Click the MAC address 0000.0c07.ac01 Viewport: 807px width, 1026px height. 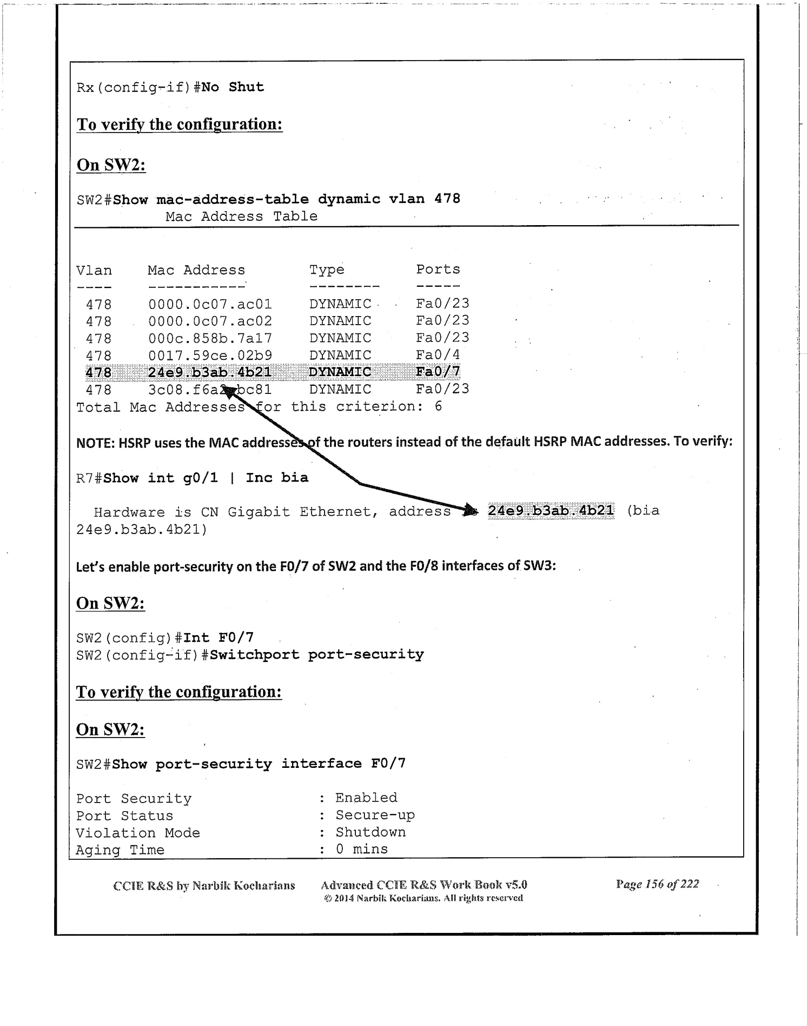pos(210,304)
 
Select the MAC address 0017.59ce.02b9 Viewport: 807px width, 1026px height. pos(210,356)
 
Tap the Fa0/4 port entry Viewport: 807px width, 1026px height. pos(438,355)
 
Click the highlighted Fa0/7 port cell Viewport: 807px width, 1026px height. pos(438,372)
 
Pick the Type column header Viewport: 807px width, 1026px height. pos(327,269)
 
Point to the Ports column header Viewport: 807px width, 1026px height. pos(438,269)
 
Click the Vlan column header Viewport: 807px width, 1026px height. pos(94,271)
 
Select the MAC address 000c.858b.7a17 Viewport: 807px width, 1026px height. pos(210,338)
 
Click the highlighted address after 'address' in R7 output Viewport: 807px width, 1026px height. pos(551,510)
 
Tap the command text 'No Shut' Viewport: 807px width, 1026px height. pos(233,87)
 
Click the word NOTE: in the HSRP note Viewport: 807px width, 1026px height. pos(96,442)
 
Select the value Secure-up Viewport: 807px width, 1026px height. pos(375,815)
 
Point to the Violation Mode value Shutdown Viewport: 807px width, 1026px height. pos(371,832)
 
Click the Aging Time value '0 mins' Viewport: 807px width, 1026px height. pos(361,849)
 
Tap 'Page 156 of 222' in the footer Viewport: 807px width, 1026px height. pos(657,884)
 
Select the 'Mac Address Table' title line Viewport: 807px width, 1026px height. pos(241,216)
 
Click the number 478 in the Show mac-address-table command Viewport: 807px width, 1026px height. pos(447,199)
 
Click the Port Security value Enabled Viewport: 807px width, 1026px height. pos(366,798)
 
